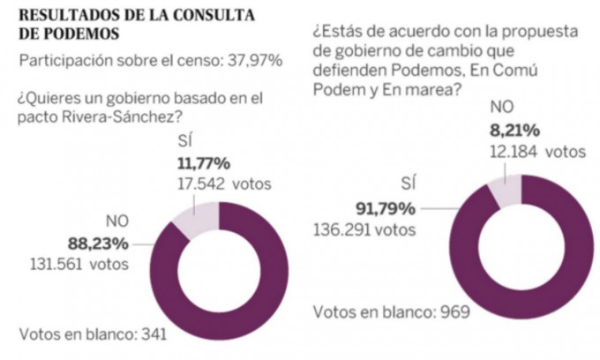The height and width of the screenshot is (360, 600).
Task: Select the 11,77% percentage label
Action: [x=205, y=165]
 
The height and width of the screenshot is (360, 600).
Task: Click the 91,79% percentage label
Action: [x=385, y=210]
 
